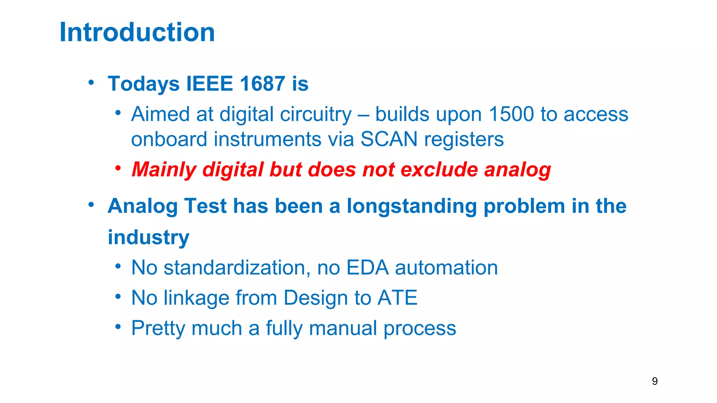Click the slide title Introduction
click(137, 32)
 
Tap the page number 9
click(655, 381)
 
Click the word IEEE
click(209, 84)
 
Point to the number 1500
click(511, 114)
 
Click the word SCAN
click(389, 139)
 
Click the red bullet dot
click(118, 168)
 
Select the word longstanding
click(412, 206)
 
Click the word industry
click(148, 238)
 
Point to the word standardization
click(237, 268)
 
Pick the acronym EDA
click(367, 268)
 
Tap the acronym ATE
click(397, 298)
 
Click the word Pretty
click(158, 328)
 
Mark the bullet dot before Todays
click(91, 83)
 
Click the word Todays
click(144, 84)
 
